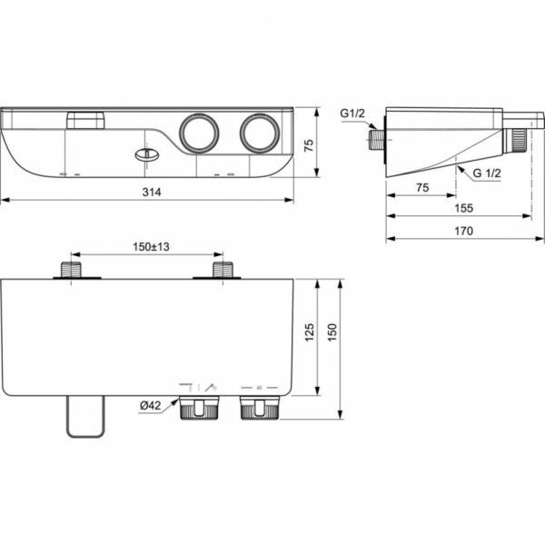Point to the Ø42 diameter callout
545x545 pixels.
tap(152, 406)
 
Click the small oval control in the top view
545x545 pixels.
tap(144, 154)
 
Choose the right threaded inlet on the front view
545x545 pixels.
tap(220, 270)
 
